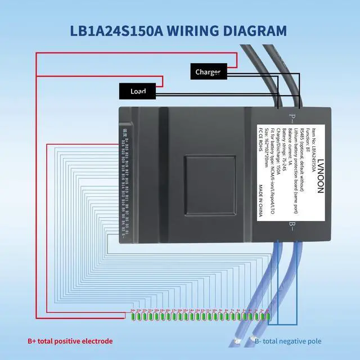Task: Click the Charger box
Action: (208, 72)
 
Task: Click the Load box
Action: (138, 91)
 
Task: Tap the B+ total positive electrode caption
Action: (70, 341)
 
